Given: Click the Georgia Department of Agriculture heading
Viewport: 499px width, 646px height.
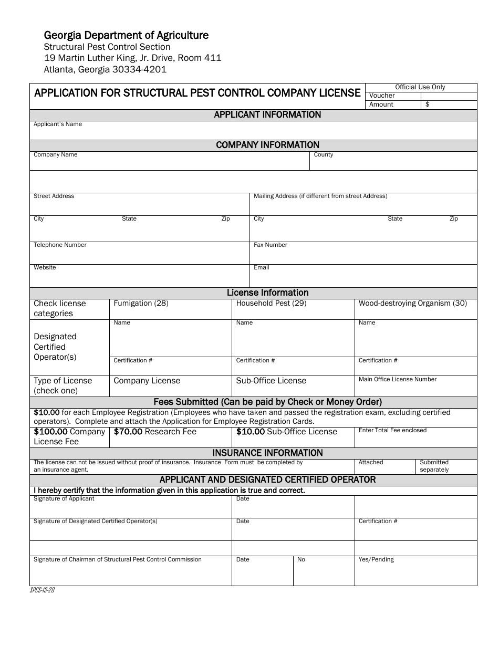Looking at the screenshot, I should [126, 35].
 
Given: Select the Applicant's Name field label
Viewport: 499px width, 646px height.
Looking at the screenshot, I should [58, 124].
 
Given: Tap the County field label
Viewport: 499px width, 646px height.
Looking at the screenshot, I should [323, 155].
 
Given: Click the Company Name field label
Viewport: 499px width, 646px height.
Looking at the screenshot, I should [55, 155].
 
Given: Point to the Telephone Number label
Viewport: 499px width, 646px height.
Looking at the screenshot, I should [60, 245].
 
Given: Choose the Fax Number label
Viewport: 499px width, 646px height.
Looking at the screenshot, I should [270, 245].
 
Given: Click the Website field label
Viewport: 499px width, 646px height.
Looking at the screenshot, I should [45, 268].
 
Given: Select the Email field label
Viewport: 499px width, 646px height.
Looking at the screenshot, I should [261, 268].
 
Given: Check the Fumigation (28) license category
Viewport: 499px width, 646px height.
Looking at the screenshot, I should [141, 304].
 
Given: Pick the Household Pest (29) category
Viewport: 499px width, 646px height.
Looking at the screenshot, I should [271, 304].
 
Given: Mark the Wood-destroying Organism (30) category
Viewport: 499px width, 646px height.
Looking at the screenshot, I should [412, 304].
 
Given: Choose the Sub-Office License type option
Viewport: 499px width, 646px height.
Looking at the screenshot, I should [271, 381].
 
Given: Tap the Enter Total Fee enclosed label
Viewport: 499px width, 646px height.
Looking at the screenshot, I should [392, 431].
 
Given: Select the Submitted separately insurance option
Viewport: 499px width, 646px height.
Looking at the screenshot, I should [434, 466].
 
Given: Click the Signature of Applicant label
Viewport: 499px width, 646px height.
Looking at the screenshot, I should [64, 499].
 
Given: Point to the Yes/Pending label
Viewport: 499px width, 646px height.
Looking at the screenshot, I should [376, 560].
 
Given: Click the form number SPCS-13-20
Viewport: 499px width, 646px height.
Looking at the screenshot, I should [43, 590].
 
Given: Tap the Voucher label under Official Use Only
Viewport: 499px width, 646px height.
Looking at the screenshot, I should [382, 96].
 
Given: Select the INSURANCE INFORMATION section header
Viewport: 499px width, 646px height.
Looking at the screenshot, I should [267, 453].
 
